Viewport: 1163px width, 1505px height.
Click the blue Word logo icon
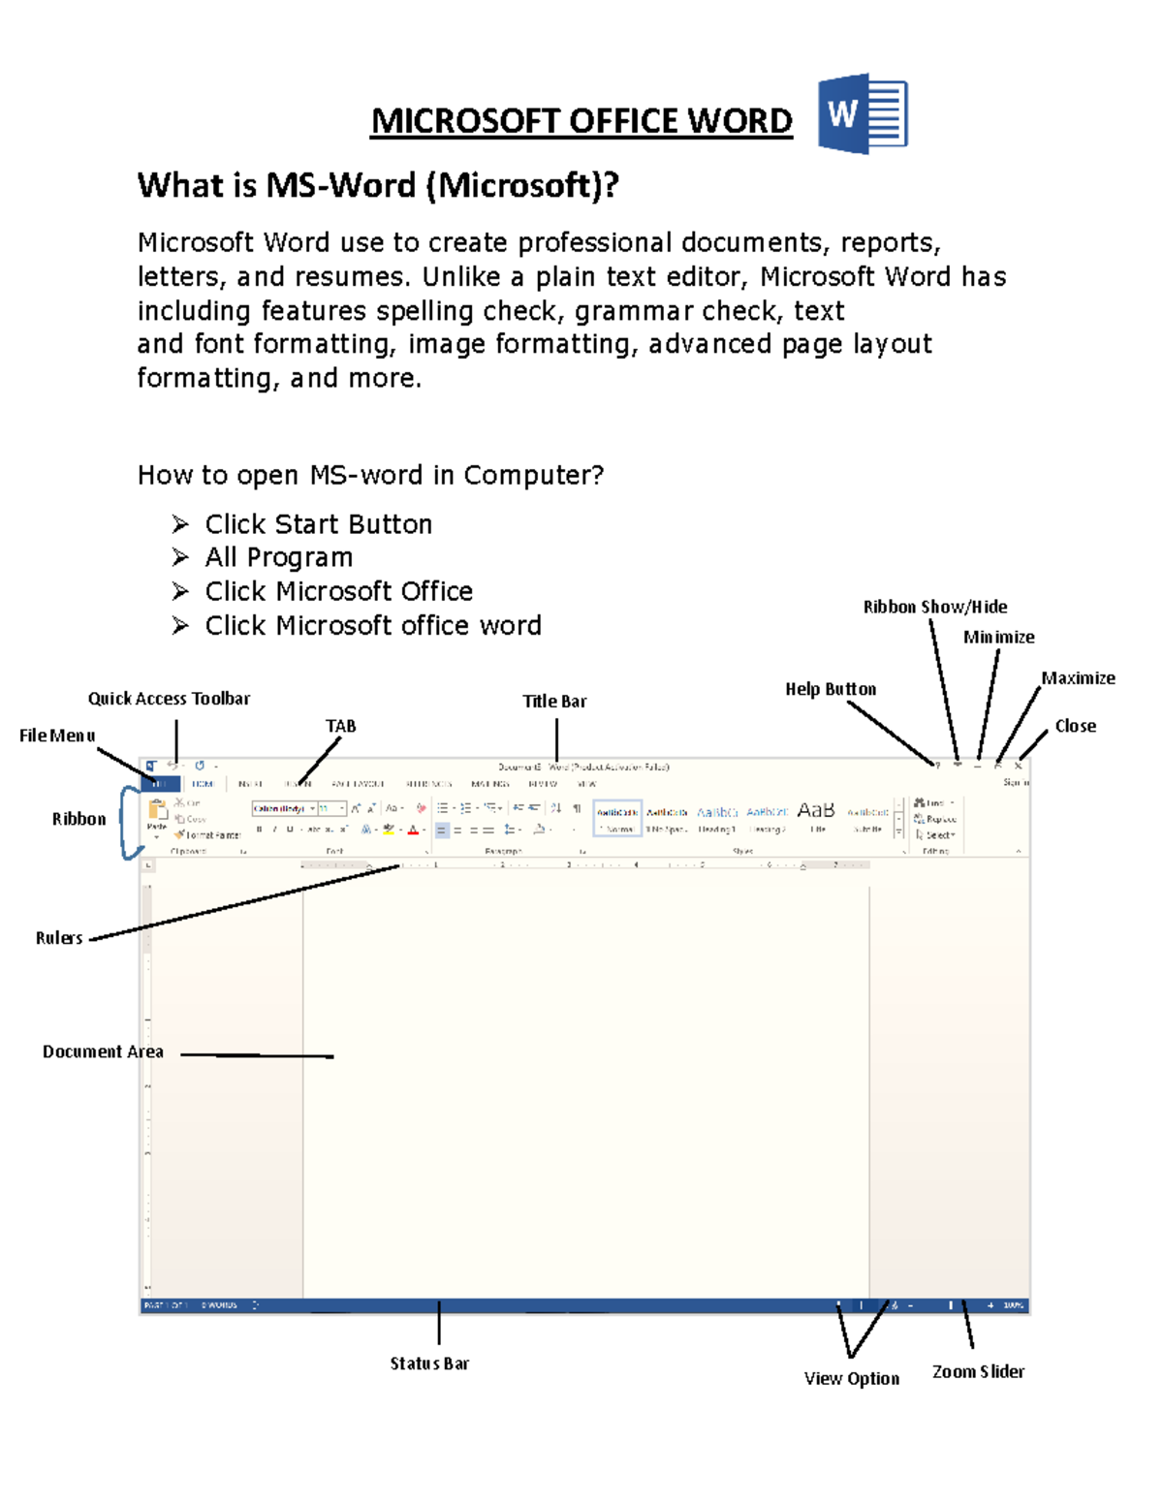click(862, 113)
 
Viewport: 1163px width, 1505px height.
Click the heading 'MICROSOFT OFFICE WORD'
click(581, 121)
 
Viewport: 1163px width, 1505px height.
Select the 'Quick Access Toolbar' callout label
click(169, 699)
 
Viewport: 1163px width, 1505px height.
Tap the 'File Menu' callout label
click(57, 736)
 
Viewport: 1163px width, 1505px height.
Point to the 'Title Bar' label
click(554, 701)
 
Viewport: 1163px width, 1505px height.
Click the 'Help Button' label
click(831, 689)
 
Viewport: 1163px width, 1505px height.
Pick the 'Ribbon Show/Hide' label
click(935, 607)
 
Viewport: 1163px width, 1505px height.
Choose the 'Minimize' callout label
click(998, 637)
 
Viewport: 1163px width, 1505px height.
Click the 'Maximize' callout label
click(1078, 678)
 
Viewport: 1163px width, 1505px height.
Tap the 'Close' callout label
click(1075, 726)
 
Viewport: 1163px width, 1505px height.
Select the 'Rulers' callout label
click(59, 938)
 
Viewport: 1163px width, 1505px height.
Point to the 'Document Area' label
click(103, 1051)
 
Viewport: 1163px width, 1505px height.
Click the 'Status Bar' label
click(429, 1364)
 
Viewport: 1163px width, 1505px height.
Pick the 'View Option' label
click(851, 1378)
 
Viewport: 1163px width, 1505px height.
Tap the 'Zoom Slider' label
click(978, 1371)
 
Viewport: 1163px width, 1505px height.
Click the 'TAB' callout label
click(340, 726)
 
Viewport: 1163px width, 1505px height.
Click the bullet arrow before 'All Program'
click(180, 557)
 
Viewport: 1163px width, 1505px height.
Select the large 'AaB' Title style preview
click(815, 810)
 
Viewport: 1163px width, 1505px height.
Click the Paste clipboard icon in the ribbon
click(156, 812)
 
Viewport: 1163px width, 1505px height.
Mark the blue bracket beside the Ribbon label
click(127, 823)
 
